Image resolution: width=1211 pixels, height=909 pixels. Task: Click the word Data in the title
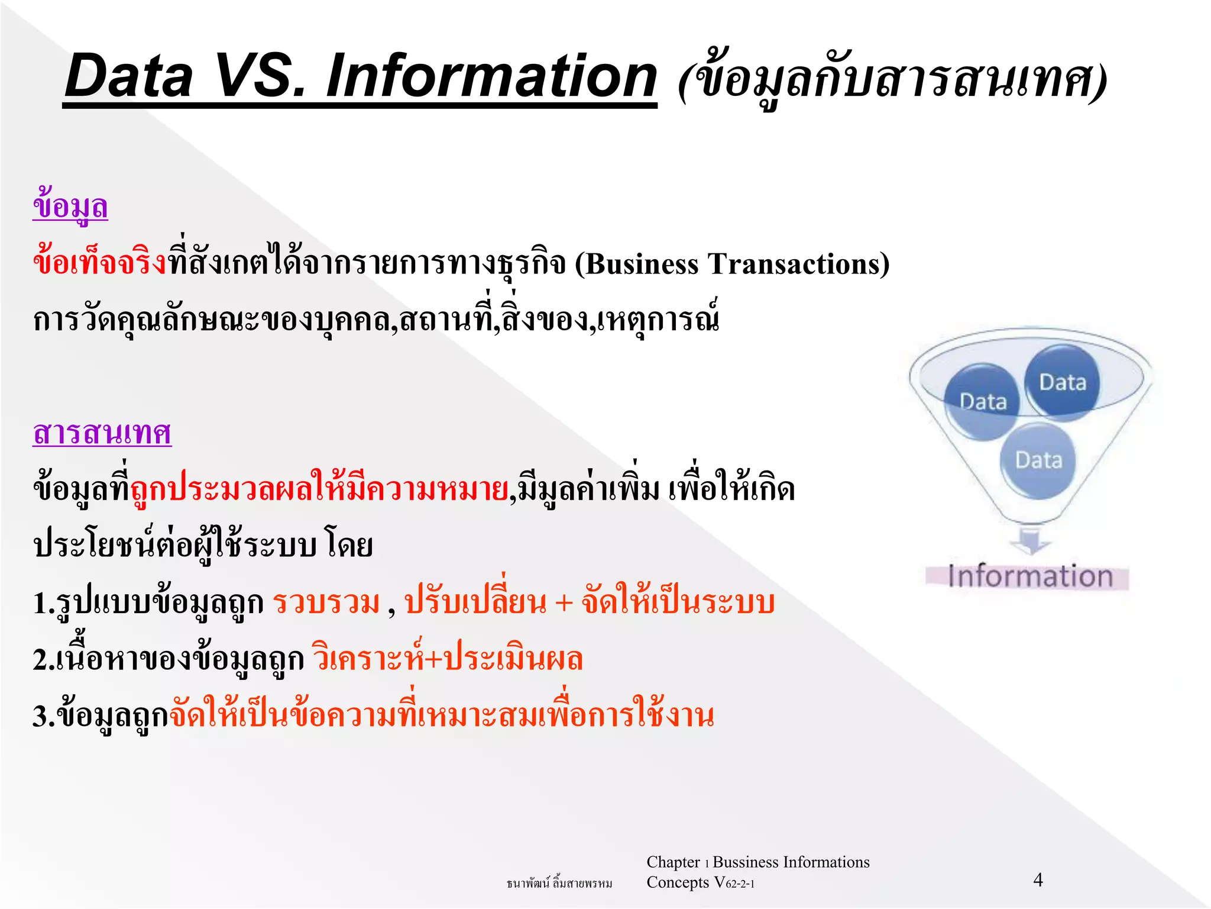coord(129,76)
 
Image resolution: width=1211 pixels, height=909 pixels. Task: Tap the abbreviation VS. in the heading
coord(260,76)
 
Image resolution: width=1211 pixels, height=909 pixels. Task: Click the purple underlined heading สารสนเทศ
coord(102,433)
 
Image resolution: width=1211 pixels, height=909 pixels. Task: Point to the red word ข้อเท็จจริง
coord(99,263)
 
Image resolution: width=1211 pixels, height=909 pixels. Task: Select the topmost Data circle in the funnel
coord(1063,382)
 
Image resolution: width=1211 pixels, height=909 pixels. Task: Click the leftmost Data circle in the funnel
coord(982,402)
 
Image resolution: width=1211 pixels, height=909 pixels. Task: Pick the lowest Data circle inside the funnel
coord(1038,460)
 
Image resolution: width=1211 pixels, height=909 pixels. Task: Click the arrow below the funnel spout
coord(1029,540)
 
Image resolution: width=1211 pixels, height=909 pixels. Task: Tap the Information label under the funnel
coord(1029,576)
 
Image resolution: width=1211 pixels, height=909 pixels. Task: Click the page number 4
coord(1038,880)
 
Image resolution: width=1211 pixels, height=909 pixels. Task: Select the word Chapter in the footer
coord(673,862)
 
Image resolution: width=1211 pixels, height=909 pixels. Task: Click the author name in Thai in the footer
coord(559,884)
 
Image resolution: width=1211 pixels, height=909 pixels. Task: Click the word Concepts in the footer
coord(677,882)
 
